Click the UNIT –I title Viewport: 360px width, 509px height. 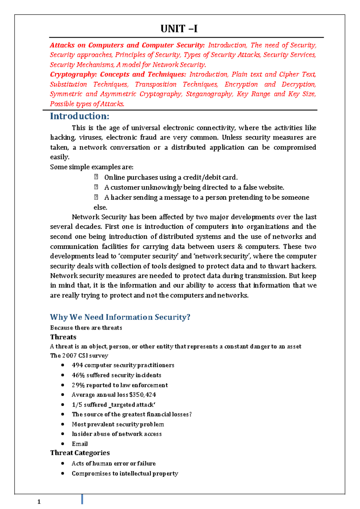click(179, 29)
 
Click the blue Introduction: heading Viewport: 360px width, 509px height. click(79, 116)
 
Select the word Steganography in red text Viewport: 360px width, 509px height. click(209, 94)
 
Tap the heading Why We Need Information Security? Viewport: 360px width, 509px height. click(120, 317)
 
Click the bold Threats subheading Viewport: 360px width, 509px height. click(63, 337)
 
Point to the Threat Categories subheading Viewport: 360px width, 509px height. click(80, 453)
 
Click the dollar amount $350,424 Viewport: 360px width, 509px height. click(142, 395)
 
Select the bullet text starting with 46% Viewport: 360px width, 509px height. click(116, 375)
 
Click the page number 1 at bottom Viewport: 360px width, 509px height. click(39, 502)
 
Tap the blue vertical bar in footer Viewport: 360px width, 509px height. click(82, 499)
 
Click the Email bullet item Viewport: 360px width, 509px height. click(80, 444)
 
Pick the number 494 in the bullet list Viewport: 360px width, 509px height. click(77, 365)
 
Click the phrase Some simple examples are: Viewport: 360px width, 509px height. click(91, 167)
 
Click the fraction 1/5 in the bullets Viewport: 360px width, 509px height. click(77, 405)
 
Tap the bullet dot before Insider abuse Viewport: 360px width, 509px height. click(62, 434)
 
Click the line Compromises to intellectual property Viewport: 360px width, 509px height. click(125, 473)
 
